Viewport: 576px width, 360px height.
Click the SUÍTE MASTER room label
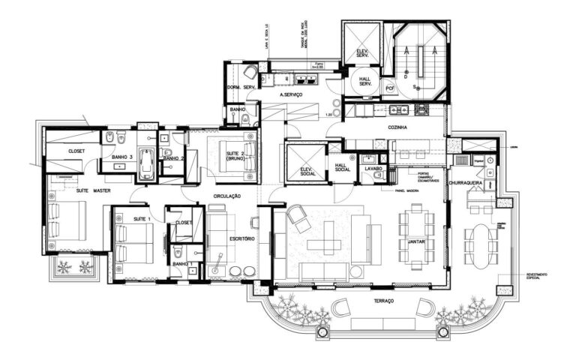click(x=93, y=190)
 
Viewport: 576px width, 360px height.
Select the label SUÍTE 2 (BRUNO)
click(x=241, y=157)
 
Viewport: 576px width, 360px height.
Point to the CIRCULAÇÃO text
click(x=226, y=196)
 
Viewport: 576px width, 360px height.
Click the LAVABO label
click(x=373, y=169)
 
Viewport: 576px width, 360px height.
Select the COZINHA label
click(x=397, y=128)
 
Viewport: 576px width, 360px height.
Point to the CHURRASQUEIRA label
click(x=469, y=183)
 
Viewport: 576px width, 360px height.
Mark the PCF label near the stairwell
click(x=390, y=88)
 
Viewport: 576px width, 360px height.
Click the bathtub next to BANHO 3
click(x=147, y=164)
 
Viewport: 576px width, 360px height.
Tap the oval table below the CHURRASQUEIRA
click(x=480, y=245)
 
